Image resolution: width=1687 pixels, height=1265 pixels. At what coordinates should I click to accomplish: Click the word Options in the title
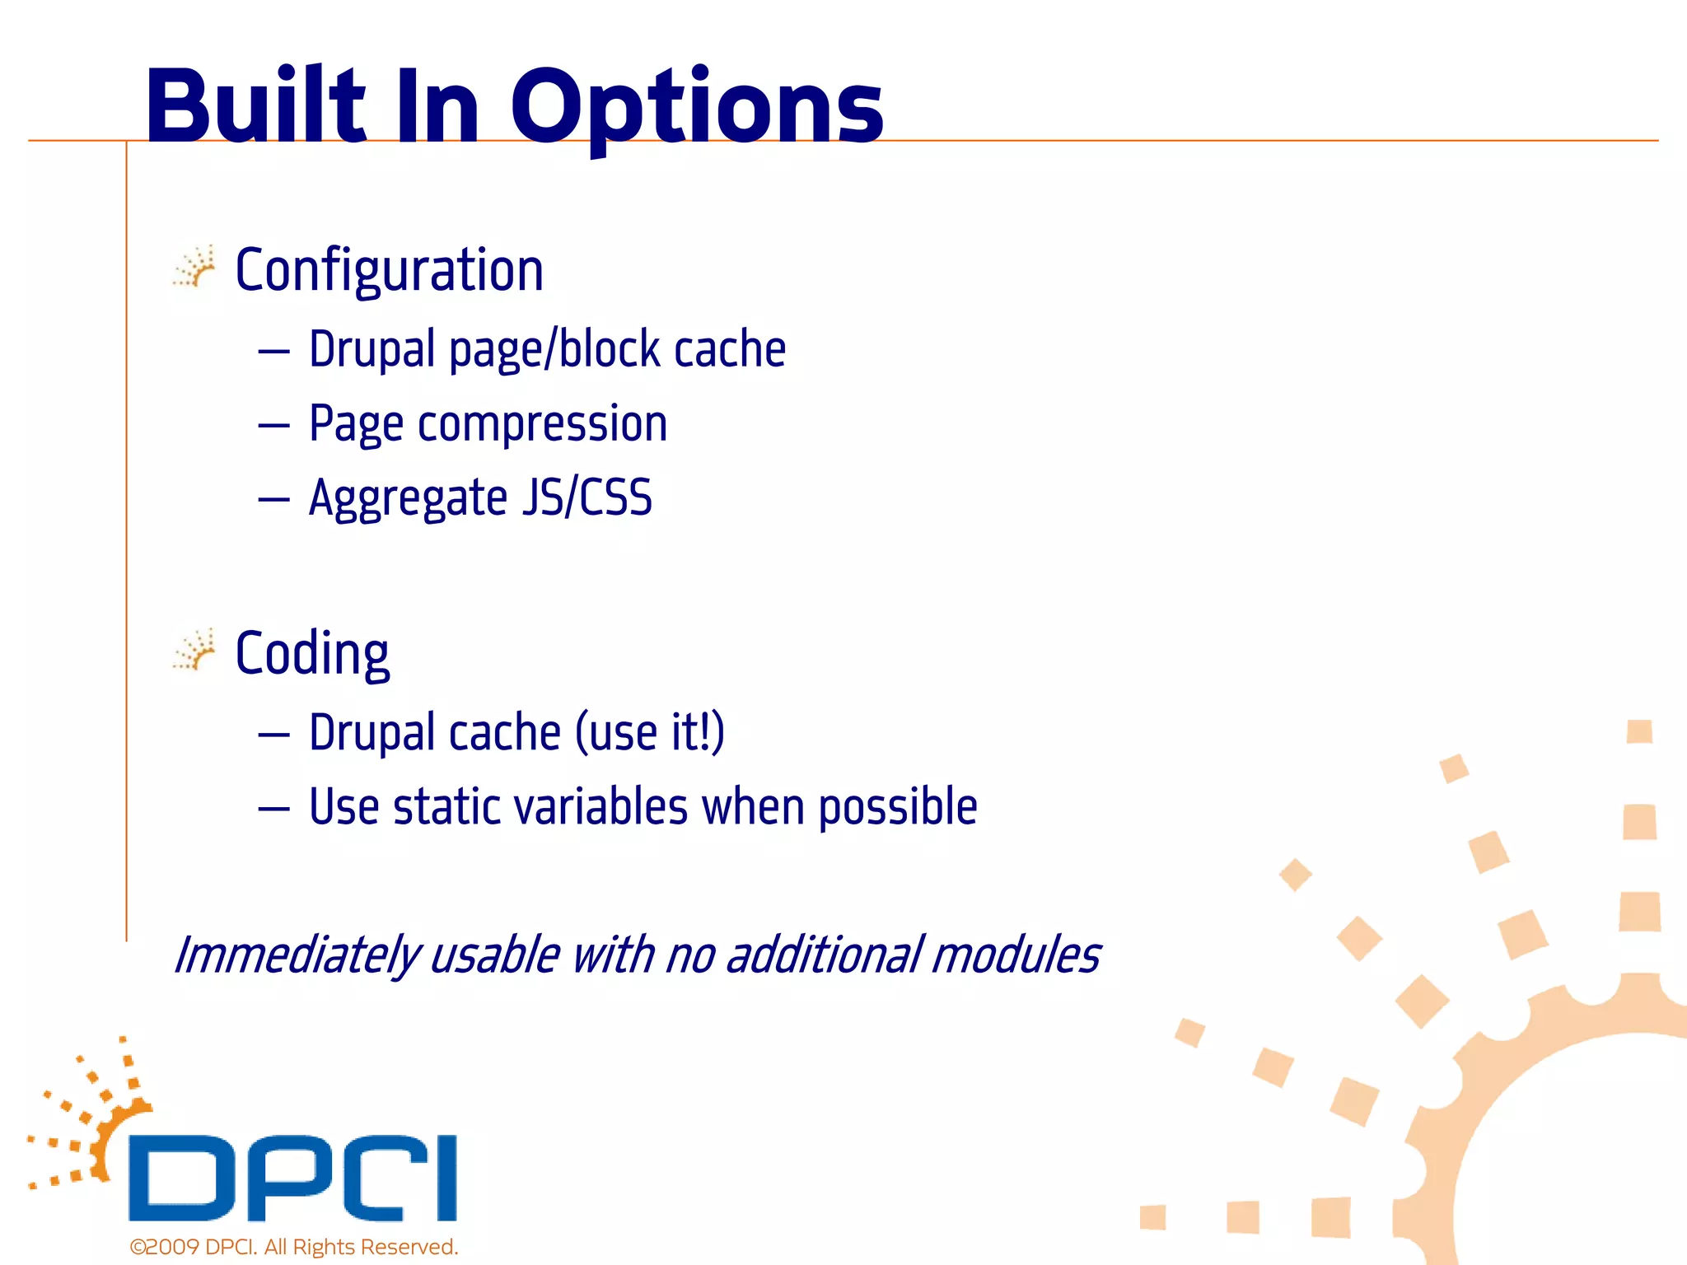696,107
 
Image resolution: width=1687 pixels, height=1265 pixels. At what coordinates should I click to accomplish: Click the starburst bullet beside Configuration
194,267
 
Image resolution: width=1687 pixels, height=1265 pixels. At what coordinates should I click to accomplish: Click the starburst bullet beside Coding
194,651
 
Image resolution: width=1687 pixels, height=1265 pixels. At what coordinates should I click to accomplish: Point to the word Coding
311,653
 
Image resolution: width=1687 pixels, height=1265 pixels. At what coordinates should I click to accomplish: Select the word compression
542,425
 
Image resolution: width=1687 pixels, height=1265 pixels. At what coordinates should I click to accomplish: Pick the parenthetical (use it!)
649,732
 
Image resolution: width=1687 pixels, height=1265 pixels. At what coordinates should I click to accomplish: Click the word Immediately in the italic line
297,955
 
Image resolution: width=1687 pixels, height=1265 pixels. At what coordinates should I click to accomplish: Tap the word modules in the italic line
1016,955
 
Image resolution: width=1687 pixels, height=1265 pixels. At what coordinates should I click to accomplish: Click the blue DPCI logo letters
292,1178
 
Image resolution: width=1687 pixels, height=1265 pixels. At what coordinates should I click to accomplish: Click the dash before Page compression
273,426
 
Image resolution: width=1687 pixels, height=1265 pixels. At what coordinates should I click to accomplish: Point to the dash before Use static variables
273,809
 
